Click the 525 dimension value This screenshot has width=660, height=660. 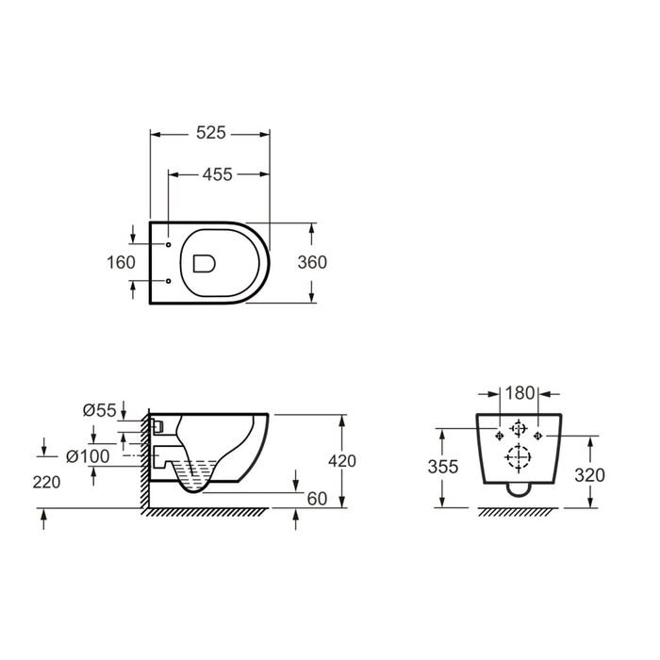coord(211,133)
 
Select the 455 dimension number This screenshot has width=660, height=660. coord(217,174)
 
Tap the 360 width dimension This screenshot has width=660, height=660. coord(312,263)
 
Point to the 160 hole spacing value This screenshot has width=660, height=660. coord(121,263)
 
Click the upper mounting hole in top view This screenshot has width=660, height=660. coord(169,244)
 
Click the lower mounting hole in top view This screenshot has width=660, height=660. coord(169,281)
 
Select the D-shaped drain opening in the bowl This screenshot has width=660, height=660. coord(205,263)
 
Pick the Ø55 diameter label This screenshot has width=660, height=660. coord(99,410)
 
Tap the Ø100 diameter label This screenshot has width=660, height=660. coord(88,456)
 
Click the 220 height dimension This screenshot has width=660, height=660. coord(46,483)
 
